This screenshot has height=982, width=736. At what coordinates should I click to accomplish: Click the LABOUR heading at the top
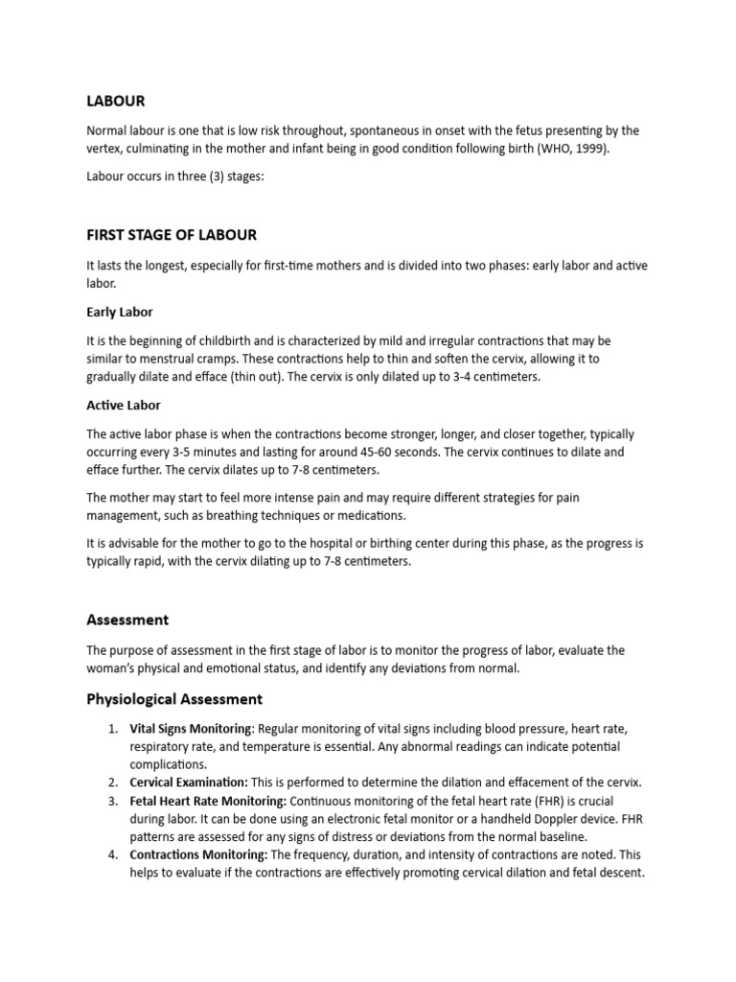point(115,101)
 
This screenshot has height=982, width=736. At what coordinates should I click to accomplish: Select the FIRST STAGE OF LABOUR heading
point(172,235)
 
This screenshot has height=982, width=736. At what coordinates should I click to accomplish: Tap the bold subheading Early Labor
point(120,312)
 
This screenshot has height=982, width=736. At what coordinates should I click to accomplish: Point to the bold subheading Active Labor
point(124,405)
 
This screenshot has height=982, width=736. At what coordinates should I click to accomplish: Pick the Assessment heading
point(127,620)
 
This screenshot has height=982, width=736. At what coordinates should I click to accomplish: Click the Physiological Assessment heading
point(174,699)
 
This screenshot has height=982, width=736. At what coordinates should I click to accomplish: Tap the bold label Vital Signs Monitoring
point(192,729)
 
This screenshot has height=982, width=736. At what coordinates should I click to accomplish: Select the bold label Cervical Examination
point(189,783)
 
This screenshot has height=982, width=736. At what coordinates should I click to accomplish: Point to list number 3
point(111,801)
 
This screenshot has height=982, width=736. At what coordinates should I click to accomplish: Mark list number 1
point(111,729)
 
